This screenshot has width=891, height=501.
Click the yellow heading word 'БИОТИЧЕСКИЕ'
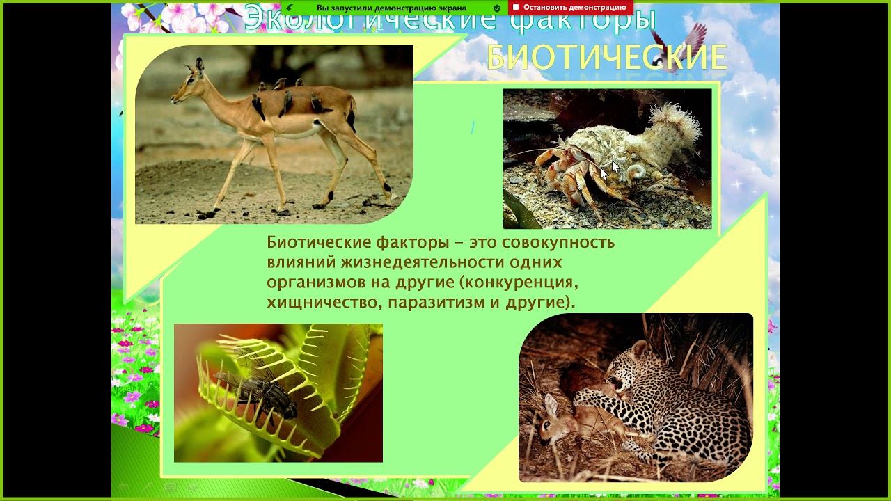click(x=606, y=58)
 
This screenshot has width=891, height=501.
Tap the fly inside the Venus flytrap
click(x=253, y=393)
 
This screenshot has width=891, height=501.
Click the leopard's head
click(x=630, y=368)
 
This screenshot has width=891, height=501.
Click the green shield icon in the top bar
click(x=496, y=8)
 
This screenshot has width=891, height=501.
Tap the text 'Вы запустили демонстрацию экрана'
click(x=391, y=8)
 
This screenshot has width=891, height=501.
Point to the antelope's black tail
click(x=352, y=118)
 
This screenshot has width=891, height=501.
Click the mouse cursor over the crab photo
click(x=614, y=166)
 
